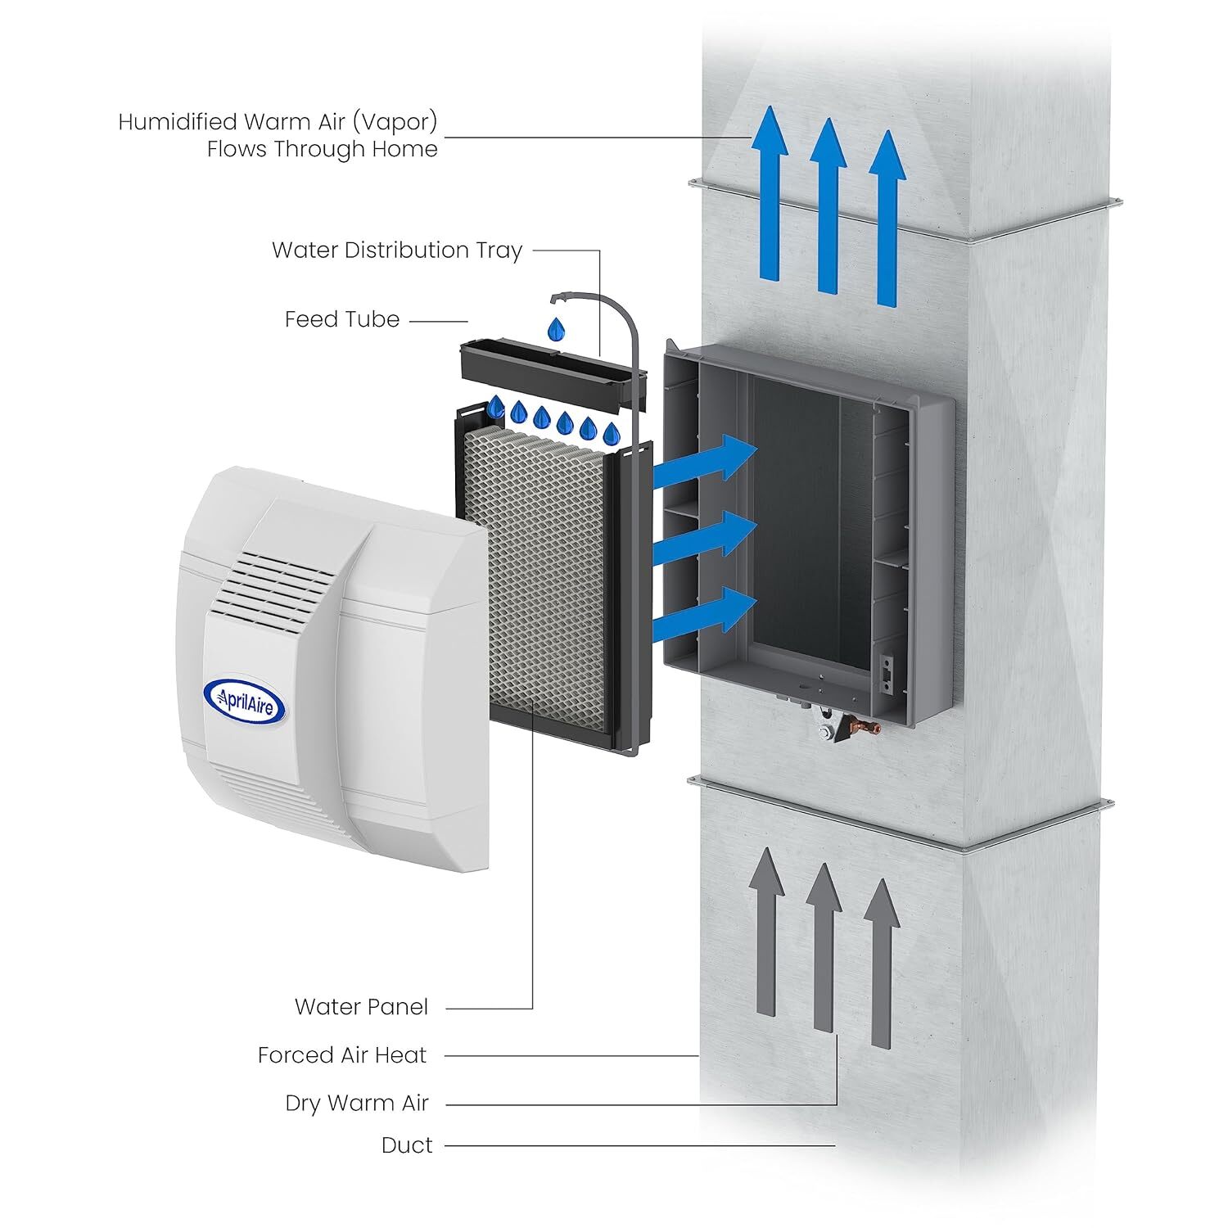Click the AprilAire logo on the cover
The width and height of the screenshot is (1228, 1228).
point(244,699)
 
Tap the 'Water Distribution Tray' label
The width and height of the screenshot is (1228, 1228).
point(397,250)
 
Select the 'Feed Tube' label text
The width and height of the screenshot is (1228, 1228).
point(342,319)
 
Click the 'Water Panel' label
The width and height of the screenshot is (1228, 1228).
point(361,1006)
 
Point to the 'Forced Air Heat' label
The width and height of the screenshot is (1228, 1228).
point(342,1055)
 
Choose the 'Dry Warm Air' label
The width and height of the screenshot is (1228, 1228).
point(357,1103)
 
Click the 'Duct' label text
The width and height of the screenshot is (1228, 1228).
point(407,1145)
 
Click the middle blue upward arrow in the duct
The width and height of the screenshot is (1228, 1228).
point(828,205)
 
